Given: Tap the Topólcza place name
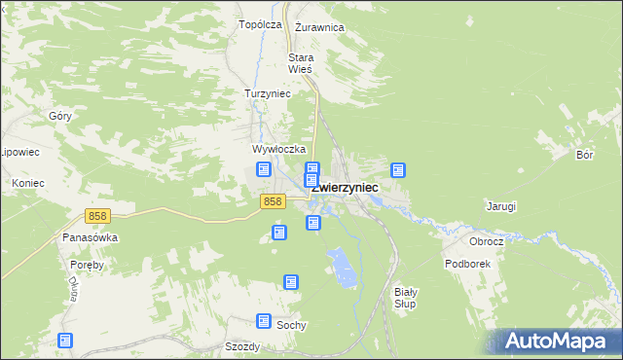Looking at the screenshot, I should pos(260,24).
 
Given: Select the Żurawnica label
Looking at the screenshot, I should pos(319,27).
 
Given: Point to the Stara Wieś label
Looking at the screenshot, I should pos(300,63).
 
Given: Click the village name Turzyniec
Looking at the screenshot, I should pos(268,93).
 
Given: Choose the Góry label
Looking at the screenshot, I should pos(59,115).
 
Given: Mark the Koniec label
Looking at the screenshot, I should pos(29,182).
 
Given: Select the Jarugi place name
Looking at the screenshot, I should pos(500,206).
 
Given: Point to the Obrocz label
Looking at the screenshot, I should pos(485,240).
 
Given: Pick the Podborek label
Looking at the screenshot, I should pos(468,264).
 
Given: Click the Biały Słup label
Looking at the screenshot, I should pos(405,298).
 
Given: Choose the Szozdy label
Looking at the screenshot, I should pos(241,346).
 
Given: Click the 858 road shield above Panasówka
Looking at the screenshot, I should pos(96,216).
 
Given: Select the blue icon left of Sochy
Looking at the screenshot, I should pos(264,320).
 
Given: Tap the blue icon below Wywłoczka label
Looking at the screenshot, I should pos(264,169).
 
